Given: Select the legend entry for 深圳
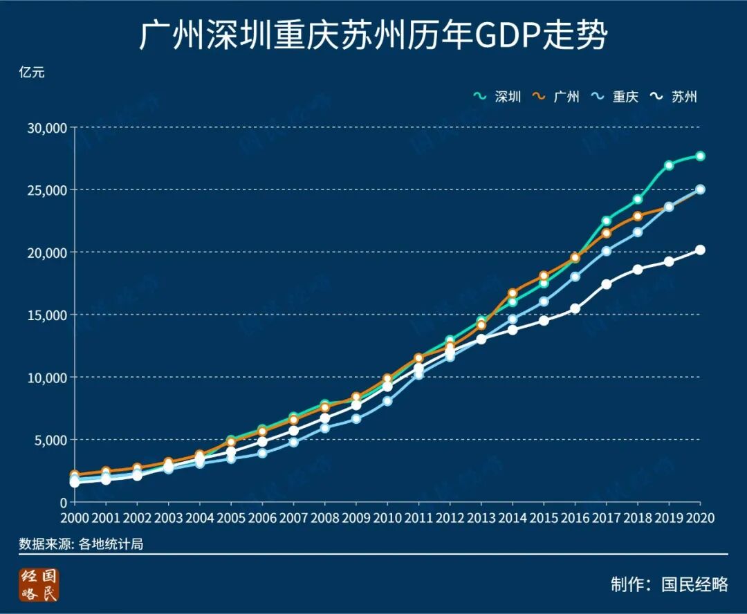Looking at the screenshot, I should (498, 97).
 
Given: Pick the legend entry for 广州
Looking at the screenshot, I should (557, 97).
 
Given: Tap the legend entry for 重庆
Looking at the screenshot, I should (616, 97).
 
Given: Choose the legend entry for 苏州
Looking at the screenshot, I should (674, 97).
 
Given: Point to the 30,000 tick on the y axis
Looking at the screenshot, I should (46, 128).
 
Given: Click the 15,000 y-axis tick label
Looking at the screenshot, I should (46, 315).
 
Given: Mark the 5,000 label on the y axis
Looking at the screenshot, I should (49, 440).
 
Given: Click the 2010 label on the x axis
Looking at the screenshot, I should (387, 518).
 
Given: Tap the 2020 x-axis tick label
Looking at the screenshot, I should (699, 518).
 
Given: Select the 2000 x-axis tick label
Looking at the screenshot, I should (74, 518).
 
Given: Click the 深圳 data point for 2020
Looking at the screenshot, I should (700, 156).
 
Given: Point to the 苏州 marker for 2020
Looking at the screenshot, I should (700, 250).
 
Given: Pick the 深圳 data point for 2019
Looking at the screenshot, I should (669, 165).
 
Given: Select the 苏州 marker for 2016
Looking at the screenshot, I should (575, 308).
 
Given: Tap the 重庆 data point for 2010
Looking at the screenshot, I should (387, 401).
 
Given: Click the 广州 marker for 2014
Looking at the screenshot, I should (513, 293).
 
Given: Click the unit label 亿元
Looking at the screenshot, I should (32, 72).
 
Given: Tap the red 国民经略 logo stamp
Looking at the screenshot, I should (39, 585).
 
